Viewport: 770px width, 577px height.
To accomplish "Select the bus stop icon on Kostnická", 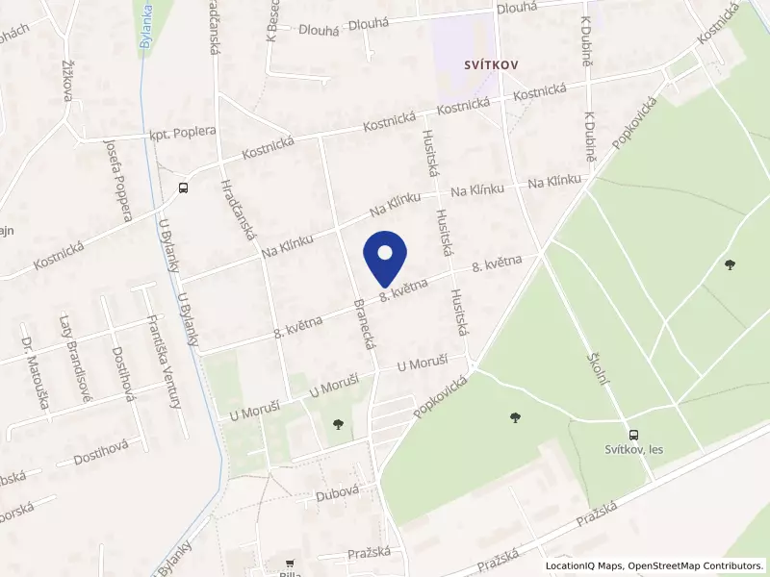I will [x=183, y=188].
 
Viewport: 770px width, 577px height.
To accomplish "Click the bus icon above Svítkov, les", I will [x=633, y=435].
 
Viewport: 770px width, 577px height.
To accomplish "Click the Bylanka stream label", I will [x=147, y=25].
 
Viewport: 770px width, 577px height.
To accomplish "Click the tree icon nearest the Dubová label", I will [x=337, y=423].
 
